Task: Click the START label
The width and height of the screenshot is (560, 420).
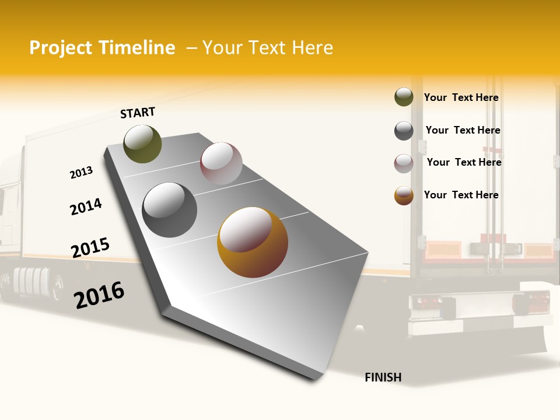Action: [138, 113]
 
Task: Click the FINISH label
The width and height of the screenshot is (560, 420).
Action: [383, 377]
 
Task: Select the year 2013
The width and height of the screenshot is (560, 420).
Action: [81, 173]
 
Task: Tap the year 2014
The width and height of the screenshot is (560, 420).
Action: [86, 206]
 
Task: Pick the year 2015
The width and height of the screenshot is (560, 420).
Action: [90, 248]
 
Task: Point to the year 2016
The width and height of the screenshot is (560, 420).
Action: [99, 295]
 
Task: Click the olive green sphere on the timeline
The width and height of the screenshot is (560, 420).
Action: [142, 143]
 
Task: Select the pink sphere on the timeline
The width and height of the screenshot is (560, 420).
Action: [221, 163]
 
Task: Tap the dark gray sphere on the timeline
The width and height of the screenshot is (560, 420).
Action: [170, 210]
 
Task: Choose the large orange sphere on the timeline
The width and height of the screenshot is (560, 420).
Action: [253, 242]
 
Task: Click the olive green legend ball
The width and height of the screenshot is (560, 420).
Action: [404, 97]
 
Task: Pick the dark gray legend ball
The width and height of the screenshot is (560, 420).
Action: [404, 131]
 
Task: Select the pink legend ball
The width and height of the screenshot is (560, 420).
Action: [404, 163]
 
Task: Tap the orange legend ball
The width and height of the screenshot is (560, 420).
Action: [404, 195]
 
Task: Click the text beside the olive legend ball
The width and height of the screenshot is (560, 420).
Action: [461, 97]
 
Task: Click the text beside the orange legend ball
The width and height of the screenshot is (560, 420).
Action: [461, 195]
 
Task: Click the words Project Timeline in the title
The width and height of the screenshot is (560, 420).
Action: [102, 48]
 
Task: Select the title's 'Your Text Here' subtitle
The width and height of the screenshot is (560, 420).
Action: [267, 48]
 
